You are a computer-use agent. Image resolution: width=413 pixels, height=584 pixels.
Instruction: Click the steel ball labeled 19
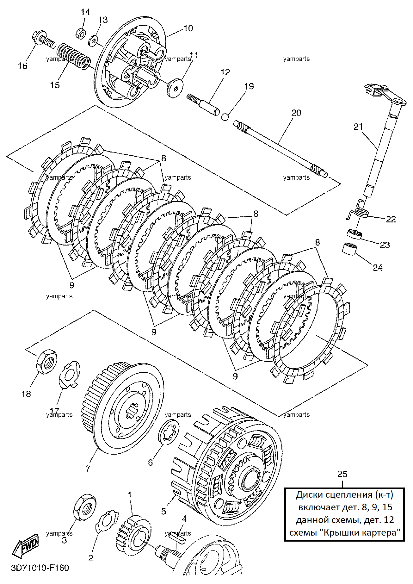(225, 117)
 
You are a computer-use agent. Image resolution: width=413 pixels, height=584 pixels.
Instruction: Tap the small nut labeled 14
(81, 33)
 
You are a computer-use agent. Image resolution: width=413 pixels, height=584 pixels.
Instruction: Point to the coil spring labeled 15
(74, 56)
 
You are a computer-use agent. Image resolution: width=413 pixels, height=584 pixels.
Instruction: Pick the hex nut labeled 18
(47, 361)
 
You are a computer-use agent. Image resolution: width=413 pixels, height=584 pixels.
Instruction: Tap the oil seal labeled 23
(354, 234)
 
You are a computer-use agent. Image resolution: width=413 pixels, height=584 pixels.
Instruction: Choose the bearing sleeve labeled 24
(349, 248)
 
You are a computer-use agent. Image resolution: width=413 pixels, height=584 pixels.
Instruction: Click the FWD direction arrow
(25, 546)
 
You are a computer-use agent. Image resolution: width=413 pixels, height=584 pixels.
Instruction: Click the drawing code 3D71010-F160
(40, 568)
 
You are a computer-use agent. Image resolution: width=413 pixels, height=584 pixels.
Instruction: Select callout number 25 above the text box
(342, 474)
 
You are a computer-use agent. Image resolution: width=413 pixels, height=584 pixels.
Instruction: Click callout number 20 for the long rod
(296, 113)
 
